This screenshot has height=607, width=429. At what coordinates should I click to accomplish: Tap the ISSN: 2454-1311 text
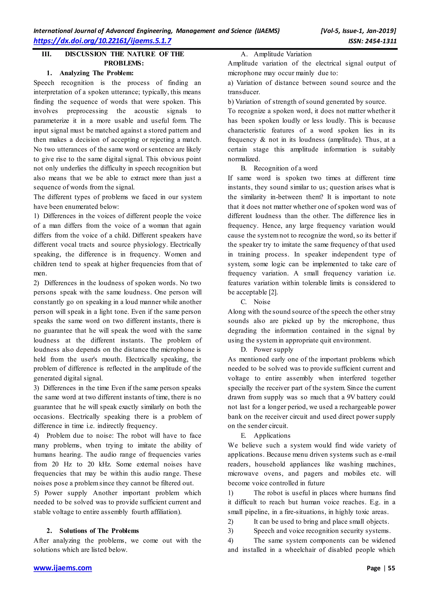(x=372, y=41)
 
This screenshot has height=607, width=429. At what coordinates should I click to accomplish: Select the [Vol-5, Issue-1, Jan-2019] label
(x=358, y=31)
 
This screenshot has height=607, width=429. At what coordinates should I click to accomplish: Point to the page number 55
(x=391, y=568)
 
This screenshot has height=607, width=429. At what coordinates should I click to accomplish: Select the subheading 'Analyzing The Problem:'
(x=96, y=73)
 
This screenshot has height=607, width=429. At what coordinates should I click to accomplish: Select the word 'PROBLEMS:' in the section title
(x=124, y=63)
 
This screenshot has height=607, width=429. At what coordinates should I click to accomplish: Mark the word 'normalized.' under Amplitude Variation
(x=244, y=159)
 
